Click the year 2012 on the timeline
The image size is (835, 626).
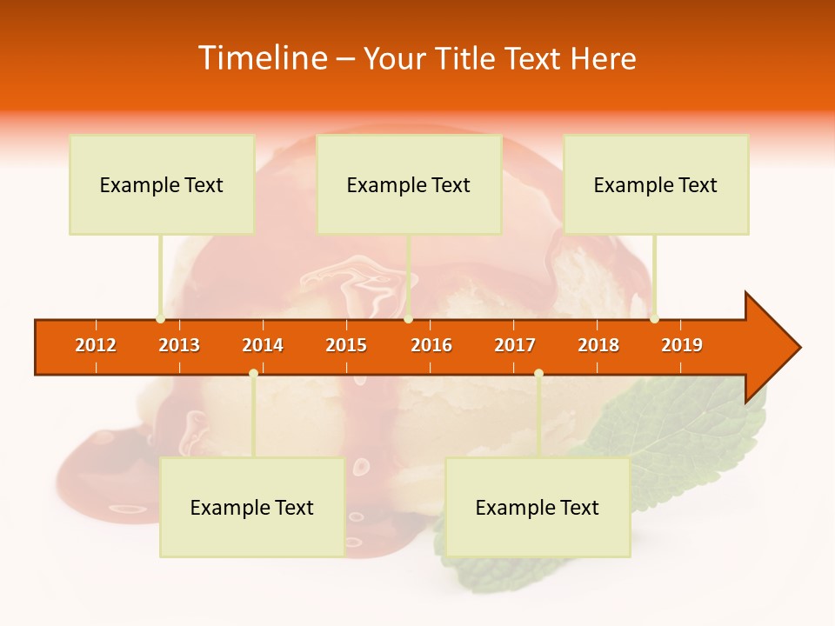point(96,346)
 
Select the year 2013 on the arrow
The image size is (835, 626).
point(179,346)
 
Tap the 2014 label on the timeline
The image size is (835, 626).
point(263,346)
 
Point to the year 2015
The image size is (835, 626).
point(346,346)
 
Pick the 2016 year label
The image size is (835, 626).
point(431,346)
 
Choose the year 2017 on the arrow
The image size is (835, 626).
point(515,346)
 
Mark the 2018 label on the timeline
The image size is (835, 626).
point(598,346)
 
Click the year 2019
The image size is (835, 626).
point(682,346)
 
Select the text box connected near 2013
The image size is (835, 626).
point(162,184)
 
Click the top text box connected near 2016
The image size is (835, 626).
point(409,184)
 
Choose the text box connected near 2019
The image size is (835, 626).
point(656,184)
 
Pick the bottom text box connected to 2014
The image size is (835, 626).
point(252,508)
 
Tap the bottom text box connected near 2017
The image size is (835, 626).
point(538,508)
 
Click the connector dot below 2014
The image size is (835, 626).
point(253,373)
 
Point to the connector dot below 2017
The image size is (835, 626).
point(538,373)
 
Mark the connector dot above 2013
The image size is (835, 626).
point(160,318)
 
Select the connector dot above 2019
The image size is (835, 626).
point(654,318)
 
